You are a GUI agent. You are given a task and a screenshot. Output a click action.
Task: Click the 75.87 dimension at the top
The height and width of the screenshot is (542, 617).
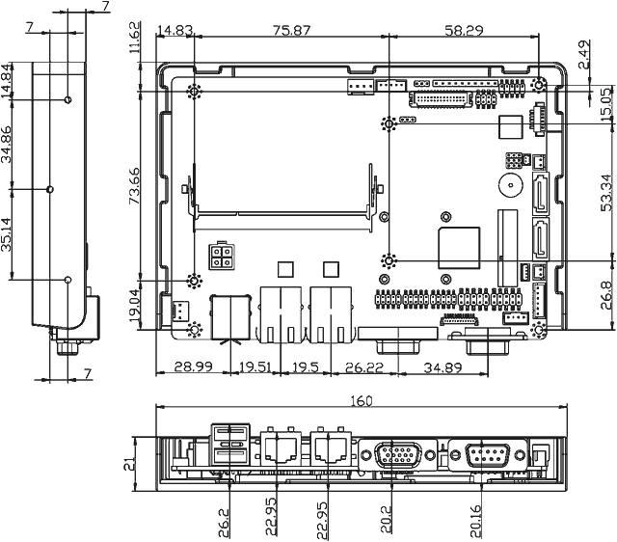(290, 31)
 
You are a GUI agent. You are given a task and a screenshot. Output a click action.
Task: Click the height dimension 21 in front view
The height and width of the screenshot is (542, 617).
(135, 463)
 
